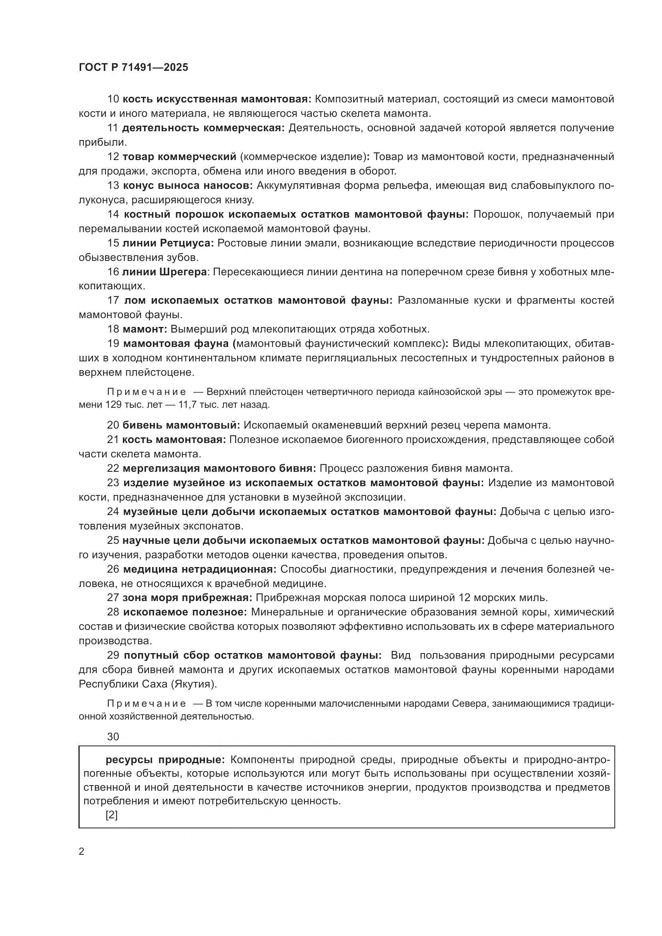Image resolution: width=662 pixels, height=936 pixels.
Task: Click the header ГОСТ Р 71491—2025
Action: (x=133, y=67)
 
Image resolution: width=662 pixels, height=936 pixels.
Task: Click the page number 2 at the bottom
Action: (x=82, y=852)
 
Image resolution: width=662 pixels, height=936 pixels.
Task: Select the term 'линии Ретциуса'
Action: (x=168, y=243)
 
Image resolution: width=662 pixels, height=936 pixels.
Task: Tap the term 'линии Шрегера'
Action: (x=164, y=272)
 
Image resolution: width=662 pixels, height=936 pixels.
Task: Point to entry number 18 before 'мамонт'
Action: (x=113, y=329)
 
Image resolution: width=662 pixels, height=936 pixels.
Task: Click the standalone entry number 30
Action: (x=113, y=737)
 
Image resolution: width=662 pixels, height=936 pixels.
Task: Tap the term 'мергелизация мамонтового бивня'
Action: (x=219, y=469)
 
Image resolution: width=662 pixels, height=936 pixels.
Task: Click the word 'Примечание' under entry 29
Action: (x=146, y=704)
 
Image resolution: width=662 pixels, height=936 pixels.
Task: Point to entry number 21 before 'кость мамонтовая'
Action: (x=113, y=440)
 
